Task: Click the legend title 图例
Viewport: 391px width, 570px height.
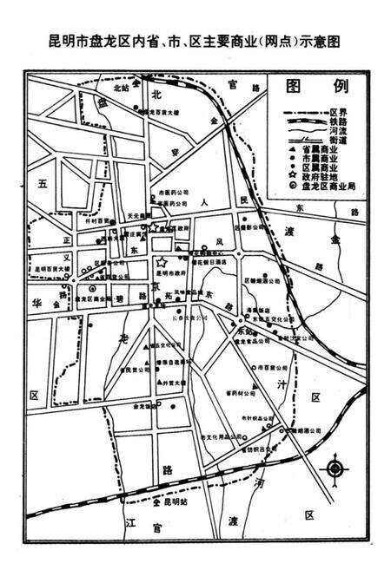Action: click(x=321, y=88)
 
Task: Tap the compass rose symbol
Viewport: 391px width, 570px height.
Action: click(x=335, y=469)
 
